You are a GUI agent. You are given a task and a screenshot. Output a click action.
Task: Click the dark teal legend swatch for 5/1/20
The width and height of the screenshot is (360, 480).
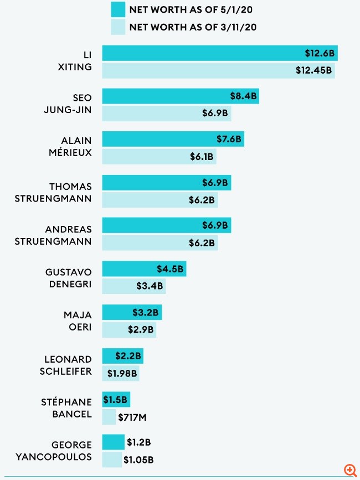pyautogui.click(x=117, y=9)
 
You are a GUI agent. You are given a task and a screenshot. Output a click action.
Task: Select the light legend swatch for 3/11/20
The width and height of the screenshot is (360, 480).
pyautogui.click(x=117, y=27)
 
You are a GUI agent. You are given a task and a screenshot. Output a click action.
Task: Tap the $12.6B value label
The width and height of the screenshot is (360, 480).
pyautogui.click(x=319, y=53)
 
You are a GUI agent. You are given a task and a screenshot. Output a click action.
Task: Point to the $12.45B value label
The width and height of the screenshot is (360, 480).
pyautogui.click(x=314, y=70)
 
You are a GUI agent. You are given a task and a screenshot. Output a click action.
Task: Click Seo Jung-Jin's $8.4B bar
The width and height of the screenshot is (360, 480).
pyautogui.click(x=180, y=96)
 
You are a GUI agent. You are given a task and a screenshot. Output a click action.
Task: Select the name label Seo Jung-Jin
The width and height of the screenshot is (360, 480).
pyautogui.click(x=68, y=104)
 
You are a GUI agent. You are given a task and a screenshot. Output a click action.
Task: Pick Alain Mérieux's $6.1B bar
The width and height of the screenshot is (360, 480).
pyautogui.click(x=159, y=156)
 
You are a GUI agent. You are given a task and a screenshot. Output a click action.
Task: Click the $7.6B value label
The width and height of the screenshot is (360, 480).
pyautogui.click(x=229, y=139)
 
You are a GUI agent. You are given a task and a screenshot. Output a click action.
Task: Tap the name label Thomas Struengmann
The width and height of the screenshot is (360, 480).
pyautogui.click(x=62, y=192)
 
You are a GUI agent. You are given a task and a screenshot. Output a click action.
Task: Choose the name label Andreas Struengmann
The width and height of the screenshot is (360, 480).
pyautogui.click(x=62, y=235)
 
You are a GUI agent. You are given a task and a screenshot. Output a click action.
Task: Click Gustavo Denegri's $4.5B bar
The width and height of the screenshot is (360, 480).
pyautogui.click(x=144, y=269)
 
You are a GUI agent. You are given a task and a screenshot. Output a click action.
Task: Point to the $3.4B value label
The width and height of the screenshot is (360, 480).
pyautogui.click(x=150, y=286)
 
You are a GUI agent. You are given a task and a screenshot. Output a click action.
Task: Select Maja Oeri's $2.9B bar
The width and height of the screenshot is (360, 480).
pyautogui.click(x=129, y=329)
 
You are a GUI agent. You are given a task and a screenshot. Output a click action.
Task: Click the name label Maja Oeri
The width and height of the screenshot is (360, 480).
pyautogui.click(x=78, y=322)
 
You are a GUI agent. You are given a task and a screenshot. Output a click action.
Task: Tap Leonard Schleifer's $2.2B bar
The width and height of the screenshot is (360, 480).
pyautogui.click(x=122, y=355)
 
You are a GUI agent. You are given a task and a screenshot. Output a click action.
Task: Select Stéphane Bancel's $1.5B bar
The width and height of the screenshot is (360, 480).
pyautogui.click(x=116, y=399)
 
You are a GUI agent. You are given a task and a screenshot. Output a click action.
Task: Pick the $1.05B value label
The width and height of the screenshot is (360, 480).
pyautogui.click(x=138, y=459)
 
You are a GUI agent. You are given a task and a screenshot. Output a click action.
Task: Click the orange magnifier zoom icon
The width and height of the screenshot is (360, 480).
pyautogui.click(x=350, y=469)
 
